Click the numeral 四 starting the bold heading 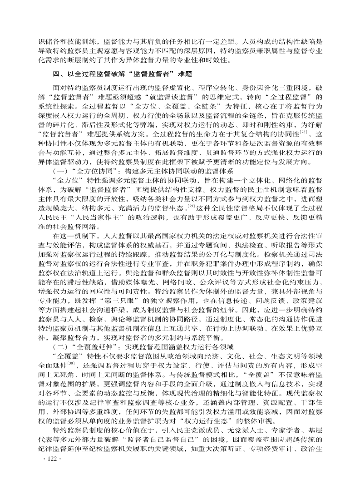pyautogui.click(x=55, y=74)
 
